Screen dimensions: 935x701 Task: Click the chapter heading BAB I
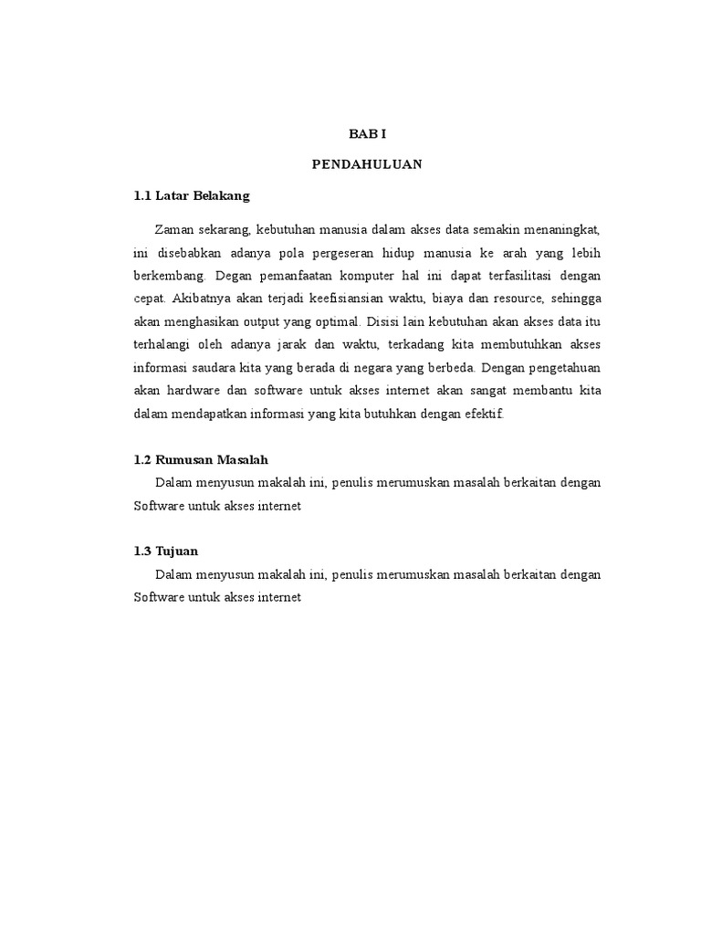coord(368,133)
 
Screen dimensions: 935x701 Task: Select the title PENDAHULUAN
coord(368,165)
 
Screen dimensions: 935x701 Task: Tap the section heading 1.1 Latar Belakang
coord(191,196)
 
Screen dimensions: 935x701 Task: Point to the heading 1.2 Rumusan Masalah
coord(201,458)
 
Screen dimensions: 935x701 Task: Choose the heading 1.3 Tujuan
coord(165,552)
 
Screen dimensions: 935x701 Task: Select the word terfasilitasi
coord(510,275)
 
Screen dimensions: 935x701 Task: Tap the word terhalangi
coord(165,345)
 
